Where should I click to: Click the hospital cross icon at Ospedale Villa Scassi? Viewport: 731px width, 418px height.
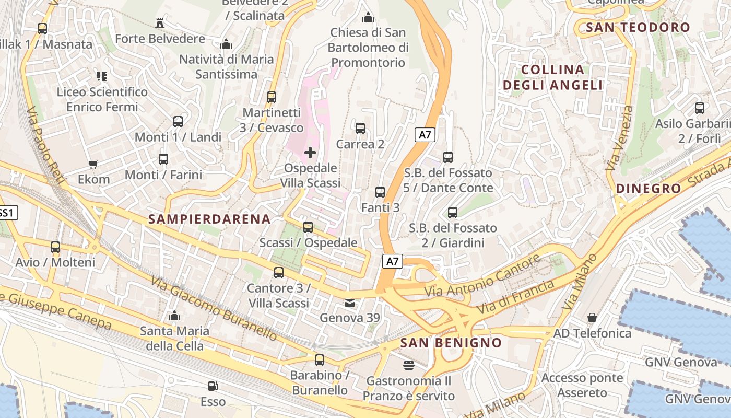click(310, 153)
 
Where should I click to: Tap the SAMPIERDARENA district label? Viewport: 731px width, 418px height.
click(209, 219)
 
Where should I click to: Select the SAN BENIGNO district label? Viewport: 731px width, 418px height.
click(451, 343)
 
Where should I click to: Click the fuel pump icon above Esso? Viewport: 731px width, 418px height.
click(213, 386)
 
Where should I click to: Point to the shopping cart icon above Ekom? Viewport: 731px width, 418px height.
click(93, 165)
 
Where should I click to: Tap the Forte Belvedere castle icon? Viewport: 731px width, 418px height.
click(160, 23)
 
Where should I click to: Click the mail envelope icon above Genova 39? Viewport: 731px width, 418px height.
click(349, 303)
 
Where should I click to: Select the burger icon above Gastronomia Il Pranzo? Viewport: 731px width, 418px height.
click(408, 365)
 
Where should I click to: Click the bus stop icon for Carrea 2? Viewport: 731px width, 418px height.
click(360, 129)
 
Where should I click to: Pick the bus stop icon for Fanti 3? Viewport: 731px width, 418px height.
click(380, 192)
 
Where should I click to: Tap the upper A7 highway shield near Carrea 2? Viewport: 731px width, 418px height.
click(425, 135)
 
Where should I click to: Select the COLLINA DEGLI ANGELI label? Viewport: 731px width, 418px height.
click(552, 77)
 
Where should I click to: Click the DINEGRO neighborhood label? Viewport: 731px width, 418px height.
click(649, 189)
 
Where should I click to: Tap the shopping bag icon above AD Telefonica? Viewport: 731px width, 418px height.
click(592, 318)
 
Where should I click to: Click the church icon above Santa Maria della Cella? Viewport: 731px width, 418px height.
click(174, 316)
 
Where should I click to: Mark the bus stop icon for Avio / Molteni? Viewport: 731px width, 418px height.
click(55, 247)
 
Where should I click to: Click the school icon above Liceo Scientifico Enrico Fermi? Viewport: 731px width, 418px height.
click(102, 76)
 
